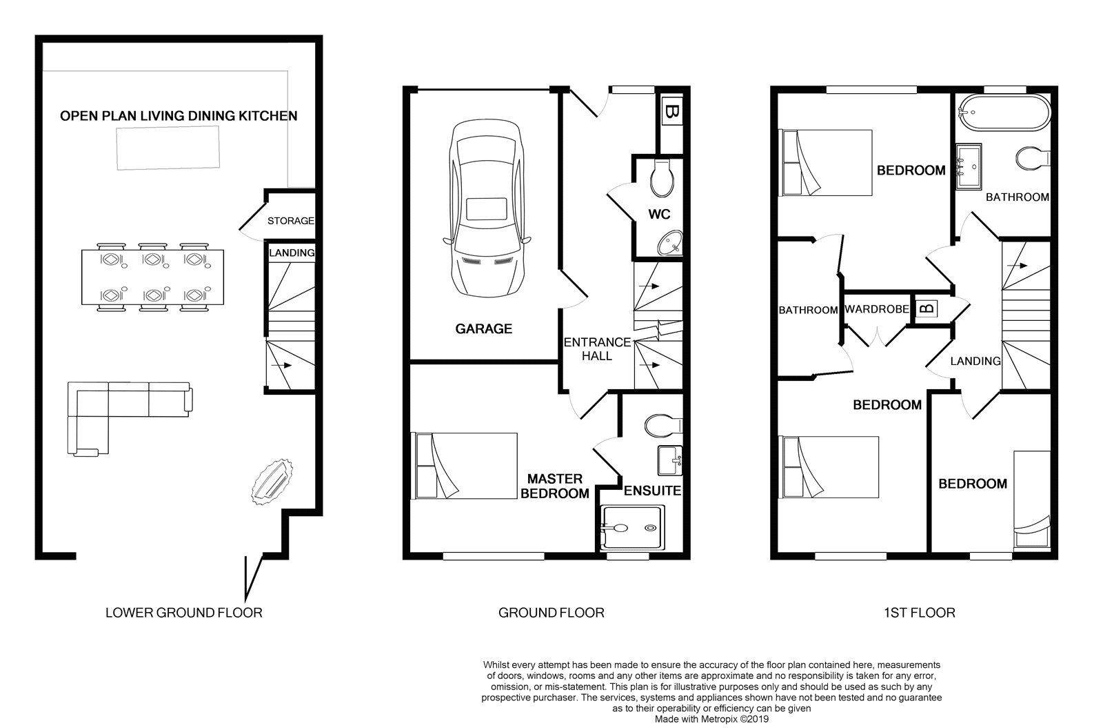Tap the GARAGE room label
483,329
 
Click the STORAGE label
290,222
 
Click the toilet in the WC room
662,178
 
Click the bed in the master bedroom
463,465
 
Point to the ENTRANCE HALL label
597,348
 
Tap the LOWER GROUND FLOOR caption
183,612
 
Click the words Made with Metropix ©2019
711,718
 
